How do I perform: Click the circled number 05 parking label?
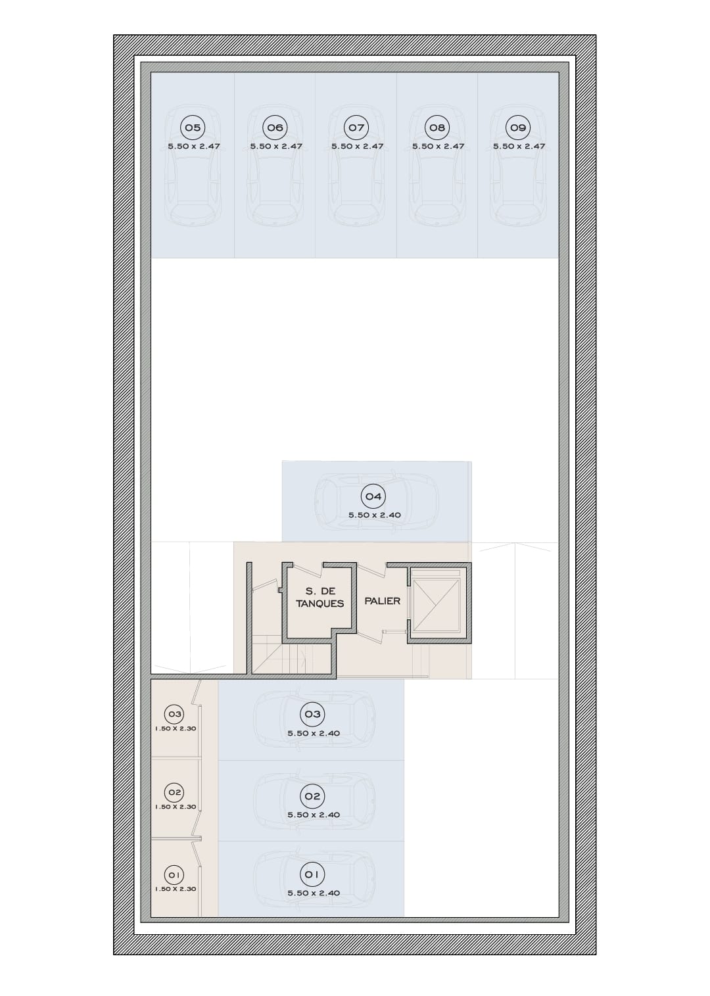[x=193, y=128]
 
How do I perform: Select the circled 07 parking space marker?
[x=356, y=128]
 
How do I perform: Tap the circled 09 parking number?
[x=518, y=128]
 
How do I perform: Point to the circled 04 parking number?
[x=373, y=496]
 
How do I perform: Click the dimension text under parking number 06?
[x=276, y=147]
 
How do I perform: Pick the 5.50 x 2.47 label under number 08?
[x=438, y=147]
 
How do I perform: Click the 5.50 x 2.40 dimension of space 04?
[x=374, y=515]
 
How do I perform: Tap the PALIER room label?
[x=383, y=601]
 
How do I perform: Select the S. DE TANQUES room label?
[x=320, y=597]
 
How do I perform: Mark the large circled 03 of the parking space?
[x=312, y=714]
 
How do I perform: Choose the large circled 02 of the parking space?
[x=312, y=796]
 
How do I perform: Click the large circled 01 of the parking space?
[x=312, y=874]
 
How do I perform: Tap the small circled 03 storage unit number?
[x=175, y=715]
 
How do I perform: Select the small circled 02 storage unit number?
[x=175, y=792]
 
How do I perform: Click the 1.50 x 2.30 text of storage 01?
[x=176, y=889]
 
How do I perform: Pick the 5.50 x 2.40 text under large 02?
[x=314, y=815]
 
